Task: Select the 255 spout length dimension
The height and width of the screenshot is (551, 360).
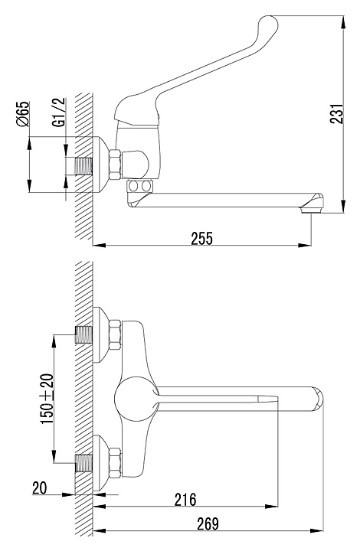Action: pyautogui.click(x=201, y=238)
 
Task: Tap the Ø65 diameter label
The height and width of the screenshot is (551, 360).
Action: pyautogui.click(x=22, y=113)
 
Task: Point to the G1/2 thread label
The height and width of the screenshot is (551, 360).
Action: pyautogui.click(x=60, y=112)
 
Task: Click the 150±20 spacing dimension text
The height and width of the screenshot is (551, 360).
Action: pyautogui.click(x=47, y=399)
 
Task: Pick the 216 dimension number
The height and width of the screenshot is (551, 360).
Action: pyautogui.click(x=185, y=499)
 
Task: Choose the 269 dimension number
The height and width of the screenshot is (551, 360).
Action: pyautogui.click(x=208, y=523)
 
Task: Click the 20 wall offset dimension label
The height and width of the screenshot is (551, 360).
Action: pyautogui.click(x=39, y=487)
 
